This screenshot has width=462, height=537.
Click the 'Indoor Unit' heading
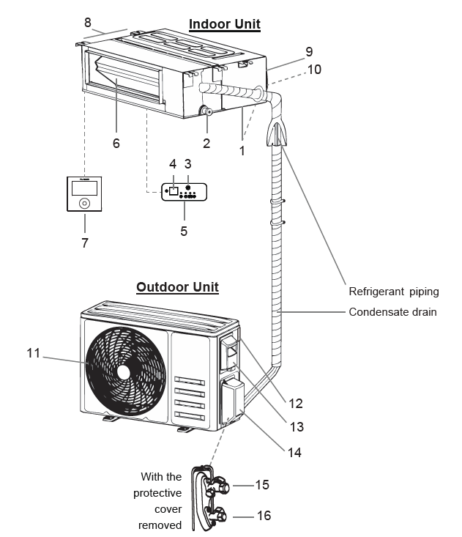(225, 24)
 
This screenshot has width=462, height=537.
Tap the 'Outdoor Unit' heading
(177, 286)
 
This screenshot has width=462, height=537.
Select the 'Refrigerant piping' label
(393, 291)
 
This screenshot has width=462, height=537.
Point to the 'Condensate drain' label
(392, 312)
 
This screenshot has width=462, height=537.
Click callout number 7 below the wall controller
(84, 242)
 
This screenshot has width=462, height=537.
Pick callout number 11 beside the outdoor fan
(33, 353)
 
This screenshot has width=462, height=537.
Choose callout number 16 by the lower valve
(264, 516)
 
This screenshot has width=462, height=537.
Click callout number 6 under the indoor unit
(116, 144)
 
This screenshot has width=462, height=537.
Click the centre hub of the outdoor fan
(124, 371)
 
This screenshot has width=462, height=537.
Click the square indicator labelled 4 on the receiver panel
(174, 191)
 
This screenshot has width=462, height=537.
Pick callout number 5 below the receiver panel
(184, 231)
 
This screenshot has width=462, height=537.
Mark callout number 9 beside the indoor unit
(309, 52)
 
